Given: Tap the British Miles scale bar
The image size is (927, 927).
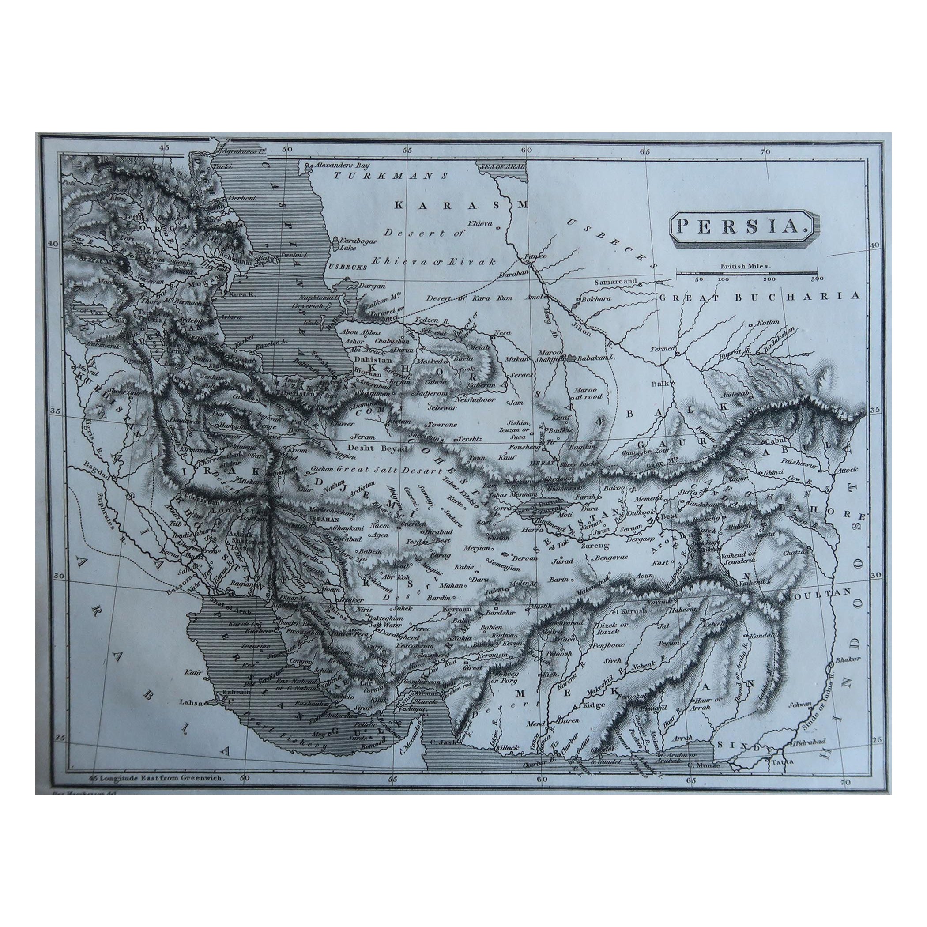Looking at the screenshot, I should click(x=746, y=274).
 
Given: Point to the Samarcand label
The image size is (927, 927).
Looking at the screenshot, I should click(x=616, y=282).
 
